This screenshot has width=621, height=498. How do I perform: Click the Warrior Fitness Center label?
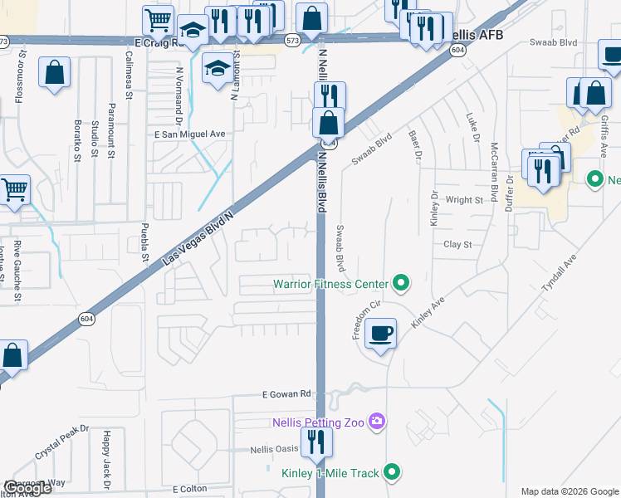331,285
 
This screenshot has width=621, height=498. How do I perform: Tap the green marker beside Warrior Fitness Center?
401,285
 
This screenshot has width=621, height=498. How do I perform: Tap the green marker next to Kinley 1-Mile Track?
393,473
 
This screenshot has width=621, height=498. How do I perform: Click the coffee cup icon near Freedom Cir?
380,334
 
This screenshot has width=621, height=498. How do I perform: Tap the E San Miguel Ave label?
189,134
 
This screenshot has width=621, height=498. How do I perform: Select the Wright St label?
464,200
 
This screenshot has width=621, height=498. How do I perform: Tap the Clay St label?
457,245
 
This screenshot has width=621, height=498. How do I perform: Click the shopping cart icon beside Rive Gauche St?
14,190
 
